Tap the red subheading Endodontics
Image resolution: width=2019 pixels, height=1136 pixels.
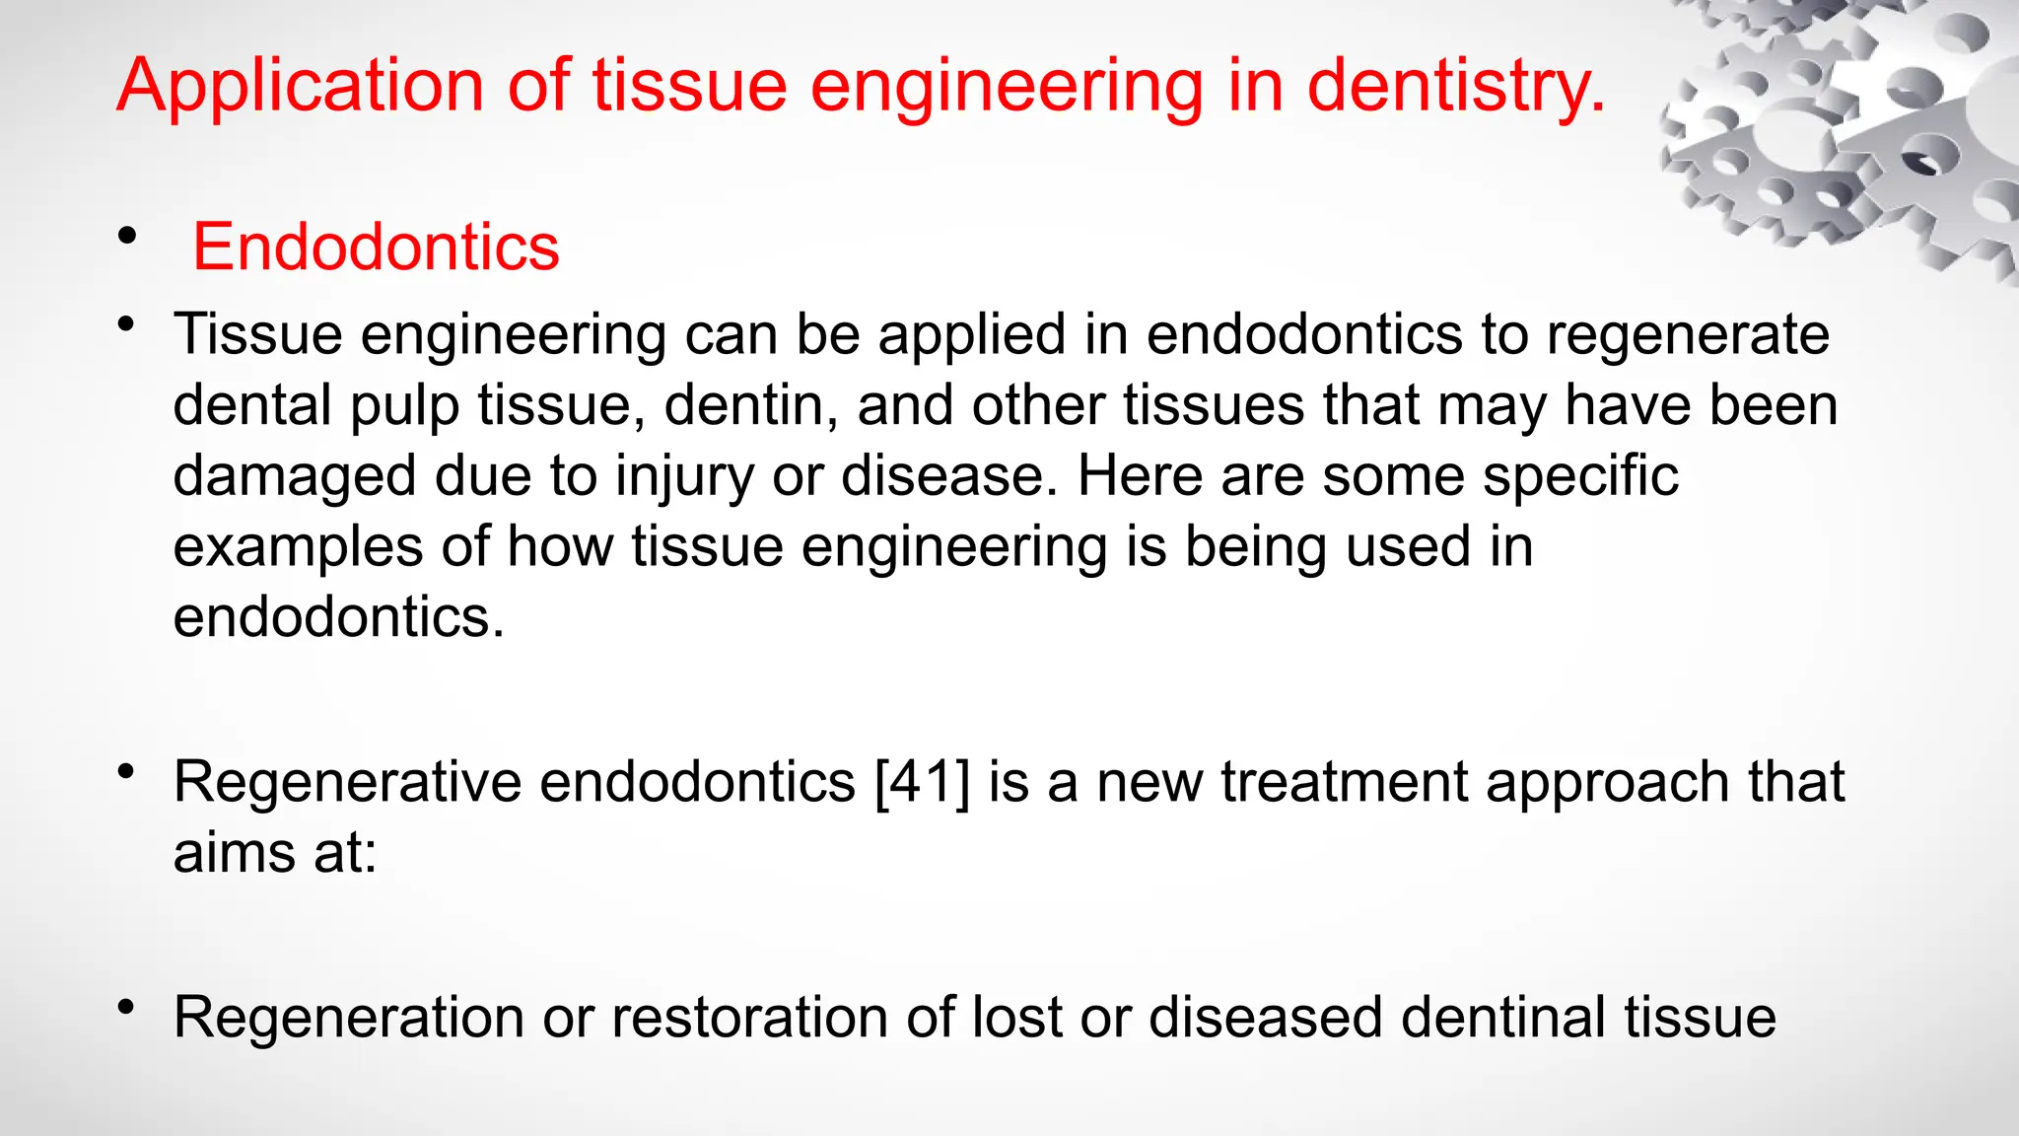click(376, 247)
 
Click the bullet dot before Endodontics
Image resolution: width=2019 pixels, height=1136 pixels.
click(126, 237)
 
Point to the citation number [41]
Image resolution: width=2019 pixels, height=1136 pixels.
click(923, 783)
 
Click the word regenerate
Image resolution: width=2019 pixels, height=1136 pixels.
click(1687, 335)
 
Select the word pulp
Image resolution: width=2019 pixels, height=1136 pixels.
click(404, 406)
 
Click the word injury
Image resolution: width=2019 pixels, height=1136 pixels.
click(684, 477)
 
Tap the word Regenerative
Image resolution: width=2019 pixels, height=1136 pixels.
click(348, 783)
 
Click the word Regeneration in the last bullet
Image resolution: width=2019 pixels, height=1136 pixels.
click(348, 1018)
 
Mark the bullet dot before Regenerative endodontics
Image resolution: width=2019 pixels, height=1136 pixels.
click(125, 771)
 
